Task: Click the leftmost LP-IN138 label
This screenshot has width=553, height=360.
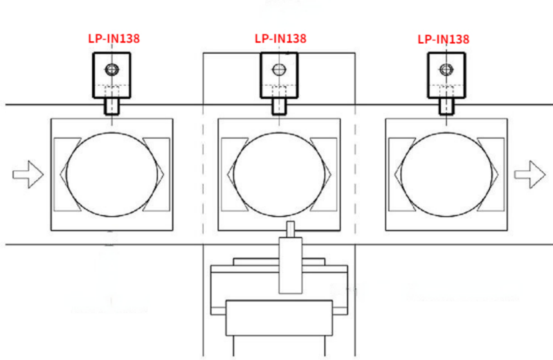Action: (114, 39)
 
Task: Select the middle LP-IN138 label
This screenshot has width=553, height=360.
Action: (280, 39)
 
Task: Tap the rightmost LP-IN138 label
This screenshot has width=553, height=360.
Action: (444, 40)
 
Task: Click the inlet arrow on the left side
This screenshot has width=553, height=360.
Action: (28, 174)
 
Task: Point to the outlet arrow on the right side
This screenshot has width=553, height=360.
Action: (530, 174)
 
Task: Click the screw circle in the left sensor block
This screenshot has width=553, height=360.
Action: (112, 69)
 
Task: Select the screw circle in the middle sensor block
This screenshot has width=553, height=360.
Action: (279, 69)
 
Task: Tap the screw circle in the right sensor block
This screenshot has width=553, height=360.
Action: (446, 69)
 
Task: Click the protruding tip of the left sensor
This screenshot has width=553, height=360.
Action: (112, 107)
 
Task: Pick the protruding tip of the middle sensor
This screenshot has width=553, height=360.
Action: (279, 107)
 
